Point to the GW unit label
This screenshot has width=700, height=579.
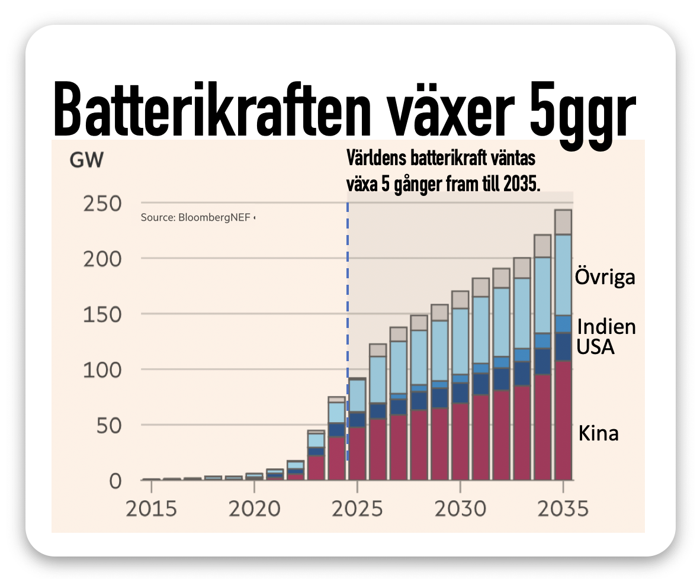[x=86, y=160]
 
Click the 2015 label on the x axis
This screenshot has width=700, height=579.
[x=150, y=509]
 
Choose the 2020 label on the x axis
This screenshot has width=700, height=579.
[x=254, y=509]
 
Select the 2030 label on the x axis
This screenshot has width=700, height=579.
[x=459, y=509]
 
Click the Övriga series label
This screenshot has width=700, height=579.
[x=605, y=277]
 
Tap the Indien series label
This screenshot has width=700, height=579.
[x=606, y=327]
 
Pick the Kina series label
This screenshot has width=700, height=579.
[x=598, y=433]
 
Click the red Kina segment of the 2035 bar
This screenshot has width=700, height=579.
[x=563, y=420]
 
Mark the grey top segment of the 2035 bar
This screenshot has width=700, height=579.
[x=563, y=222]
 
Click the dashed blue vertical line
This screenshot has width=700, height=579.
[x=348, y=332]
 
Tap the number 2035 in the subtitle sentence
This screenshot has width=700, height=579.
[x=522, y=184]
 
